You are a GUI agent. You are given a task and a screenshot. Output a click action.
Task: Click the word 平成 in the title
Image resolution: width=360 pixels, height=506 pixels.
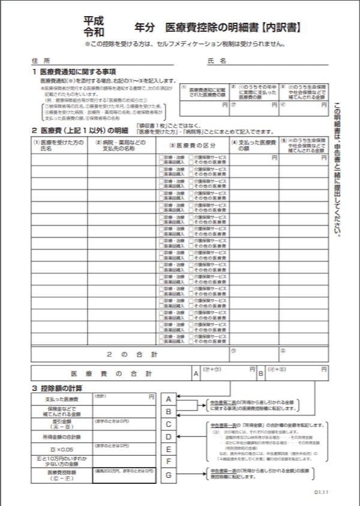pos(94,19)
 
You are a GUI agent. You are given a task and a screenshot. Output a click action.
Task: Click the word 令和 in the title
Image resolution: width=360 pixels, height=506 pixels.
pos(94,30)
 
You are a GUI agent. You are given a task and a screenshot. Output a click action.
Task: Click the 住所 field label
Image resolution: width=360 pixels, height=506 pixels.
pos(41,61)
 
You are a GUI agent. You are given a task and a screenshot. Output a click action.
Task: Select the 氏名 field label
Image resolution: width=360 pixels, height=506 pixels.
pos(216,61)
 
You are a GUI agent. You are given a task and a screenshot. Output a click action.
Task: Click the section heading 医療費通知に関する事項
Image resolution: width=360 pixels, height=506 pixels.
pos(77,72)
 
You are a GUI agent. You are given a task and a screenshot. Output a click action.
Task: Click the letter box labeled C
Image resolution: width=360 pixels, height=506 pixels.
pos(169,424)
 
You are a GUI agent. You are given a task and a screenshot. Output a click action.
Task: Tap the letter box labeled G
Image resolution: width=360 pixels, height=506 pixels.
pos(169,475)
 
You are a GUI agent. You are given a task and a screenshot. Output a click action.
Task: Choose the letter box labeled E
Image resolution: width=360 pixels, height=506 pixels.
pos(169,449)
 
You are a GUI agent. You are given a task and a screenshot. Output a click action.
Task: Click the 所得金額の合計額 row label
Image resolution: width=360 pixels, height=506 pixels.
pos(61,436)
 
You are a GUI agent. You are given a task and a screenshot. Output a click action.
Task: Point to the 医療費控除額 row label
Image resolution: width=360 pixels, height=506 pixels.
pos(61,474)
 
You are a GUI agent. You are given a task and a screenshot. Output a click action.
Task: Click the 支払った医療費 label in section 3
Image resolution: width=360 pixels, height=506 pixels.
pos(61,399)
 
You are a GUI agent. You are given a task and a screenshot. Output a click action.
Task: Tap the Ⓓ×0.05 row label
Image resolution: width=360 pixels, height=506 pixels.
pos(61,448)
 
